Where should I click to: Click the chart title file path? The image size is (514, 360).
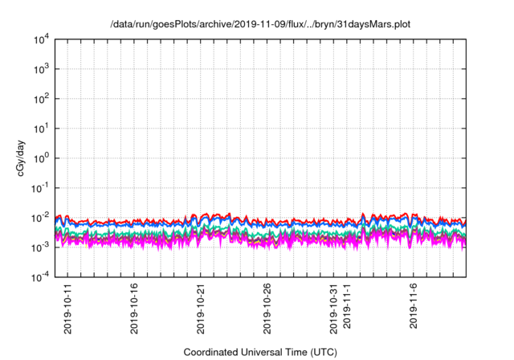(x=260, y=24)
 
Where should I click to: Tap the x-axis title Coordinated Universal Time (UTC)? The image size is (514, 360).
(x=260, y=352)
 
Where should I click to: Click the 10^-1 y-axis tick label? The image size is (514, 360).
(x=42, y=187)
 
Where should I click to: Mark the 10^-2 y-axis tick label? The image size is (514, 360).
(x=42, y=217)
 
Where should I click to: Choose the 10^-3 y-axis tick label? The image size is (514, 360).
(x=42, y=247)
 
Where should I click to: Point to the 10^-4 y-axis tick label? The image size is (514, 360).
(x=42, y=276)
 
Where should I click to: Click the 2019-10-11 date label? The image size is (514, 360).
(x=68, y=306)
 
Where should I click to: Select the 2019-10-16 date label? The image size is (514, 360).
(x=135, y=306)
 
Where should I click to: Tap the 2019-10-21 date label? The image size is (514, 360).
(x=202, y=306)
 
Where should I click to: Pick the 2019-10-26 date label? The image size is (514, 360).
(x=268, y=306)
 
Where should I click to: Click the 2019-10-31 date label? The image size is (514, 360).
(x=334, y=306)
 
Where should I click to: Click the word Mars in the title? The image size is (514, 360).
(x=376, y=24)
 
